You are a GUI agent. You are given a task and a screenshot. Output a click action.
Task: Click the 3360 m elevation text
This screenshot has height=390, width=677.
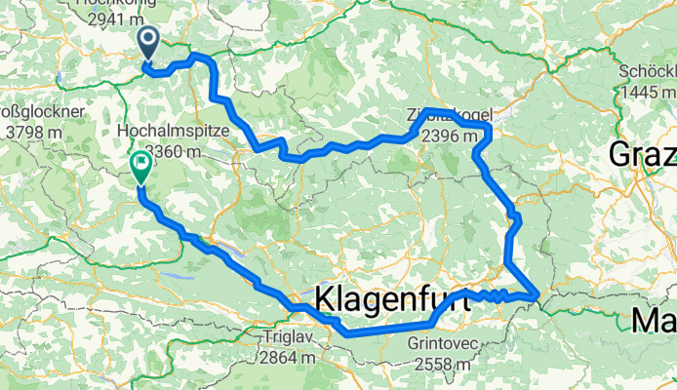point(174,151)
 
